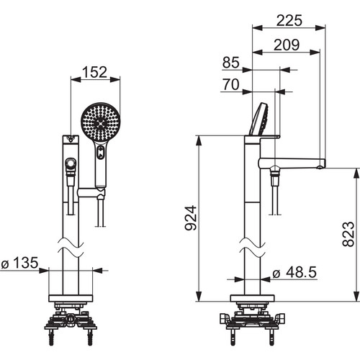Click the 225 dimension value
click(289, 20)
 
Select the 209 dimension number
click(287, 45)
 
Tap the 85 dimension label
click(231, 63)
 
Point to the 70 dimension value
click(231, 84)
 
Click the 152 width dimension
click(95, 72)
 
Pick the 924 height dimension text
click(191, 218)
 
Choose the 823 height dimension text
click(348, 234)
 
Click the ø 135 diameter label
click(19, 263)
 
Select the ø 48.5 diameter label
click(294, 272)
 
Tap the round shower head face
click(101, 122)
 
